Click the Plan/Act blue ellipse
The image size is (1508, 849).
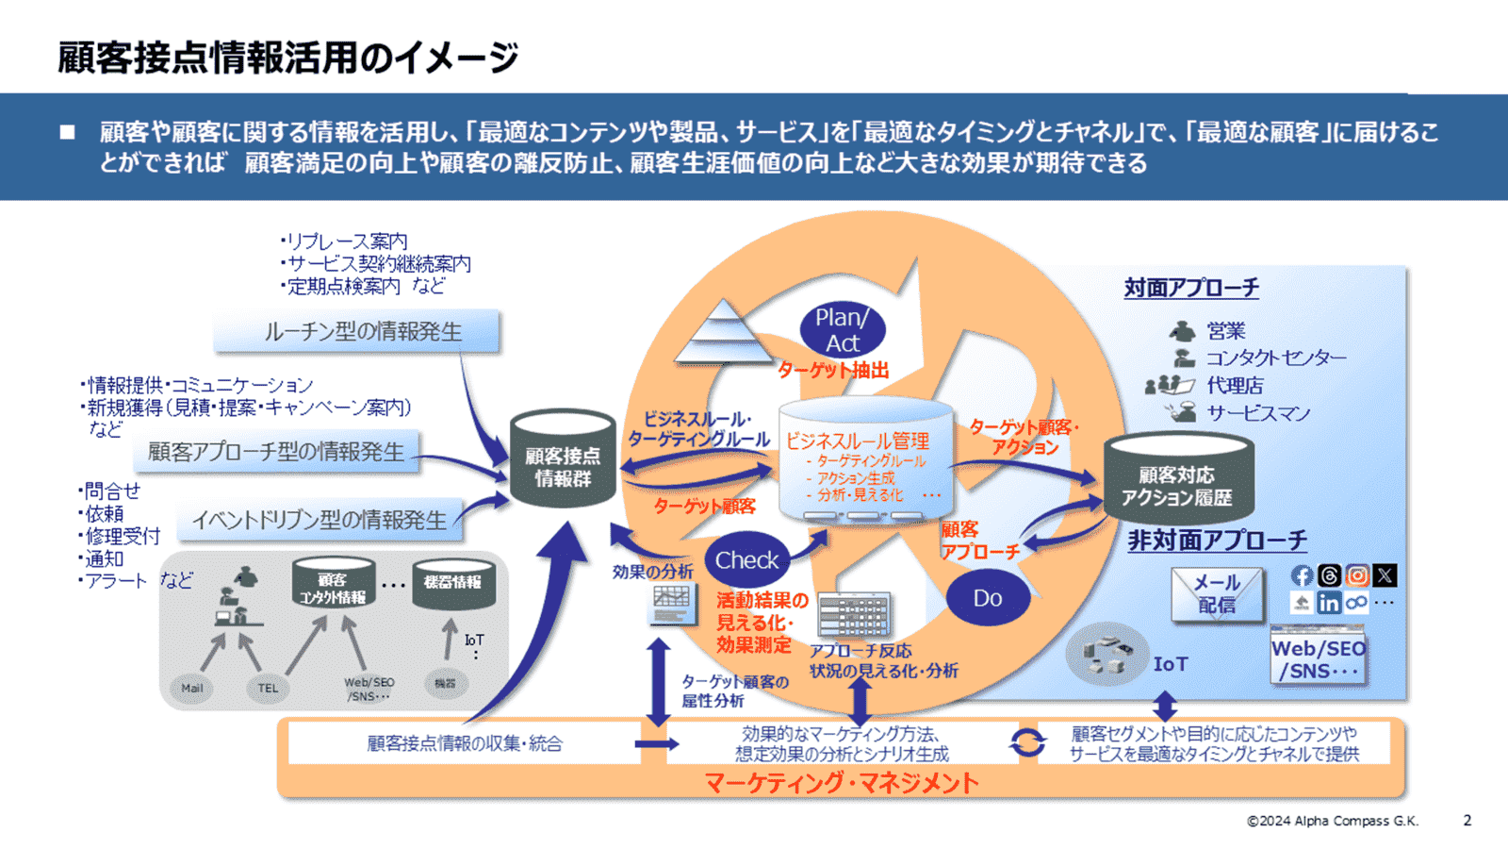coord(842,329)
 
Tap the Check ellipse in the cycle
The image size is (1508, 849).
coord(746,560)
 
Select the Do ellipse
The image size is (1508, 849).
coord(987,598)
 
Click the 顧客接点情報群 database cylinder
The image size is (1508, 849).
coord(563,459)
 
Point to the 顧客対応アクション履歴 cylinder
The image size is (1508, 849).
coord(1177,481)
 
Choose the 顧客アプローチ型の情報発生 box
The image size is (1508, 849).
coord(276,452)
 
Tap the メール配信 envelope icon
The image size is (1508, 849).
coord(1217,594)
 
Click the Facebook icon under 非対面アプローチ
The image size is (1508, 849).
coord(1302,575)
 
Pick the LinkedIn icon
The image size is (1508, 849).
coord(1329,603)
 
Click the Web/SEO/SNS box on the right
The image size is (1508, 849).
coord(1318,658)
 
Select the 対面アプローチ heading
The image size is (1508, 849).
coord(1191,288)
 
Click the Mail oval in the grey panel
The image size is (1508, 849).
coord(192,688)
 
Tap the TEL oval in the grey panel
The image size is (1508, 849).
coord(268,688)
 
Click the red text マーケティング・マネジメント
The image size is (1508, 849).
coord(841,782)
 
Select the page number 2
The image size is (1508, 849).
coord(1467,820)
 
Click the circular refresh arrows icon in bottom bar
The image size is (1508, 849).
coord(1027,742)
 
